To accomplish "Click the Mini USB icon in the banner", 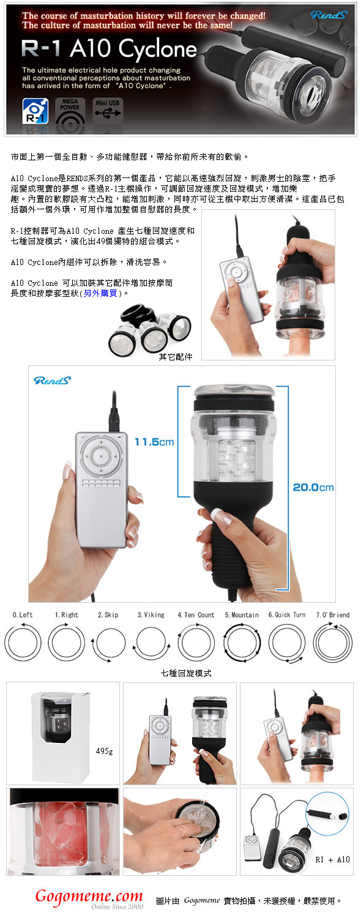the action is [x=107, y=111].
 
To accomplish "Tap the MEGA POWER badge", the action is [x=70, y=111].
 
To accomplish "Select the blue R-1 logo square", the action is [x=35, y=111].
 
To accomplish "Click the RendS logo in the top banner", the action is [x=329, y=15].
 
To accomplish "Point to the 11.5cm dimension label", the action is [x=154, y=442].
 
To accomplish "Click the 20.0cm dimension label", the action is [x=313, y=487].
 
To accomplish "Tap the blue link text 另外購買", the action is [x=100, y=293].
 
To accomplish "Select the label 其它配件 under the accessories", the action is [x=176, y=357].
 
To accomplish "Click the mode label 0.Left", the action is [x=23, y=614].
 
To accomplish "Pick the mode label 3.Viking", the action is [x=151, y=614].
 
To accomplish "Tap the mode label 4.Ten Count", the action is [x=196, y=614].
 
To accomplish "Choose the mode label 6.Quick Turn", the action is [x=287, y=614].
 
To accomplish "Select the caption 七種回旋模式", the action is [x=186, y=673].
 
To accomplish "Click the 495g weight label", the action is [x=104, y=751].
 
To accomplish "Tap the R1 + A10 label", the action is [x=332, y=859].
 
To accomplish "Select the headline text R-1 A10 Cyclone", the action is [x=110, y=49].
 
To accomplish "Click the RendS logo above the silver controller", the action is [x=52, y=380].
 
